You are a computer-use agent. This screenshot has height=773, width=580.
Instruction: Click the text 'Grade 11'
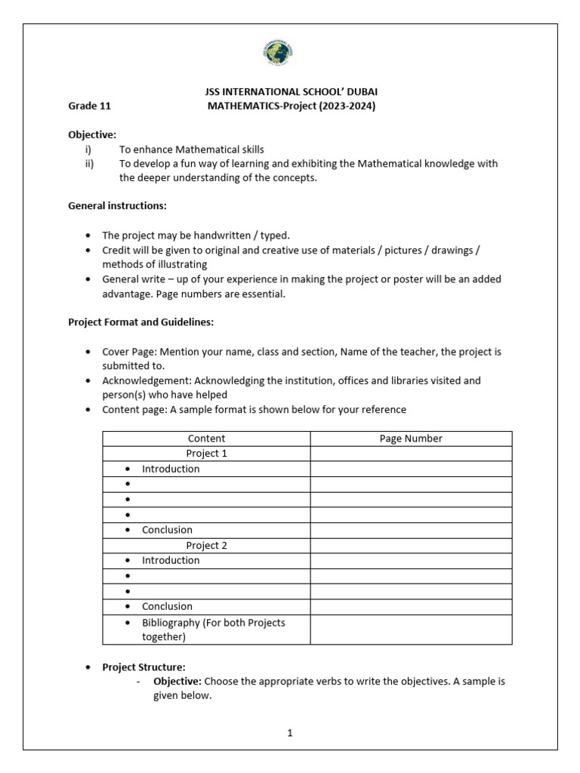[x=89, y=106]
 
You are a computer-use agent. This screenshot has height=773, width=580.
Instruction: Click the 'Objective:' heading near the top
[x=92, y=134]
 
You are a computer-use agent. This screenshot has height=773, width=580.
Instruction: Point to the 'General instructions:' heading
[x=117, y=205]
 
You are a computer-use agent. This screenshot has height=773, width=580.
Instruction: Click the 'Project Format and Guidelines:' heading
[x=141, y=322]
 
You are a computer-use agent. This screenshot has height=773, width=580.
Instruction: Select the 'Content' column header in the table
[x=206, y=439]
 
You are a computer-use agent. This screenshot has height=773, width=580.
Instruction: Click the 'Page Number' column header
[x=411, y=439]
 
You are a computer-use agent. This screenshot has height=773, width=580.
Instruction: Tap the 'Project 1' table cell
[x=206, y=454]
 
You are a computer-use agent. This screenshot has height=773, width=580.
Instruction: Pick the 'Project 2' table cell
[x=206, y=545]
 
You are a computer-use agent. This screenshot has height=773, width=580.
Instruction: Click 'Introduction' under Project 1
[x=171, y=469]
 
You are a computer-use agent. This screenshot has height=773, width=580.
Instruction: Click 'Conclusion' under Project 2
[x=167, y=606]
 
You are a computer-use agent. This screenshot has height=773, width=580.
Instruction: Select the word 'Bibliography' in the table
[x=172, y=623]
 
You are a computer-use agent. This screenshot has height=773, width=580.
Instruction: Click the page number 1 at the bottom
[x=290, y=732]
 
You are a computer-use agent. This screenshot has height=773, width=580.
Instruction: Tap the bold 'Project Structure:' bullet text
[x=143, y=667]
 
